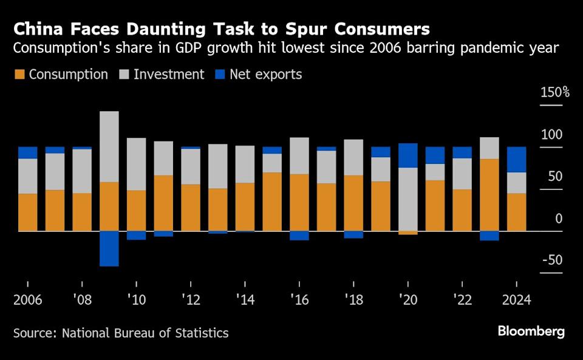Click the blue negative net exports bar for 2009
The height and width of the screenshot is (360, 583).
pyautogui.click(x=109, y=248)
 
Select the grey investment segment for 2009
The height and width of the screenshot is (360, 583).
pyautogui.click(x=109, y=146)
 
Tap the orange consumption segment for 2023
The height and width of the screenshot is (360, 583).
pyautogui.click(x=489, y=195)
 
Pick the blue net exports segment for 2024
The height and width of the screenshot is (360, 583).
pyautogui.click(x=516, y=160)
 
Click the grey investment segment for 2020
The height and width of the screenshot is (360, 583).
pyautogui.click(x=407, y=199)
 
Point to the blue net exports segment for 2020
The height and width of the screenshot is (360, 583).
pyautogui.click(x=407, y=155)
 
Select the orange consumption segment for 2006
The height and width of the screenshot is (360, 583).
pyautogui.click(x=28, y=212)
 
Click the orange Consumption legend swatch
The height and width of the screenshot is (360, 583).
pyautogui.click(x=19, y=75)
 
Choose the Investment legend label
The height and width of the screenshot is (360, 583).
pyautogui.click(x=169, y=75)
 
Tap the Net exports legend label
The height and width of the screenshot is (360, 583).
pyautogui.click(x=265, y=75)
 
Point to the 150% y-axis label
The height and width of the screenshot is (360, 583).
pyautogui.click(x=555, y=93)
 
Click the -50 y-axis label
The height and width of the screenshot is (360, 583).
pyautogui.click(x=552, y=260)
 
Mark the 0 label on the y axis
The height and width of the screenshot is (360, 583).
pyautogui.click(x=559, y=219)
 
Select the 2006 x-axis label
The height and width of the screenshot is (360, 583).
pyautogui.click(x=28, y=301)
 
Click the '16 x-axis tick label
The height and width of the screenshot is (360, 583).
pyautogui.click(x=299, y=301)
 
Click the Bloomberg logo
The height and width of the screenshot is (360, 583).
pyautogui.click(x=531, y=331)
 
